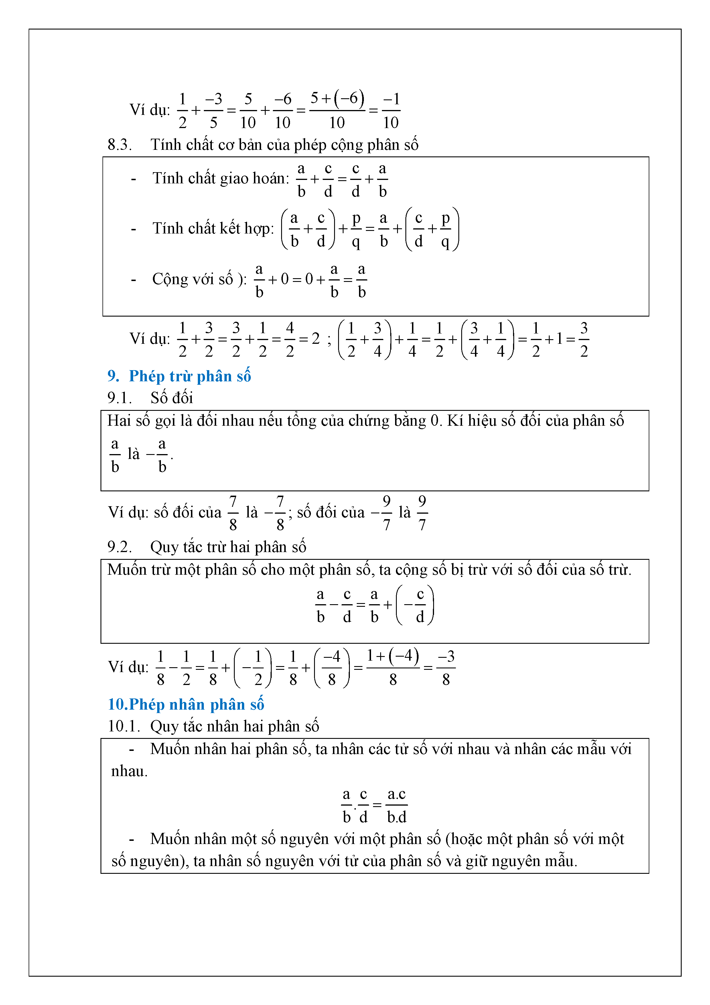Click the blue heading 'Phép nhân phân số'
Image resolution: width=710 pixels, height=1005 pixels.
(196, 704)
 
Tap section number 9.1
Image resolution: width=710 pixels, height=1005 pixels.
(119, 398)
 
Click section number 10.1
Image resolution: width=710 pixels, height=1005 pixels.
(123, 726)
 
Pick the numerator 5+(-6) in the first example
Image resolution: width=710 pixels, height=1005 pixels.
(337, 99)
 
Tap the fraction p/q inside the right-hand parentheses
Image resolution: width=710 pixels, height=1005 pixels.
(445, 229)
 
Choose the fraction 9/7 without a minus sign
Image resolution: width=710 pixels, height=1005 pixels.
(422, 513)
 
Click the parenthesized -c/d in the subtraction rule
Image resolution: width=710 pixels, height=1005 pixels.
(415, 605)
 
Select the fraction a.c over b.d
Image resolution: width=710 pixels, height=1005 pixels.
(396, 805)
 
